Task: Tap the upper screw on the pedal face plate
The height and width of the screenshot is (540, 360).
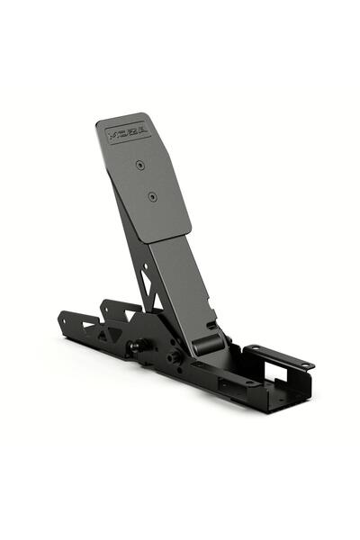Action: point(139,165)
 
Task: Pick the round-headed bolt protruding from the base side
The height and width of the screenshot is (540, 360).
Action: point(136,346)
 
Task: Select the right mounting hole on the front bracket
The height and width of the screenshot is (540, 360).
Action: point(304,365)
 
